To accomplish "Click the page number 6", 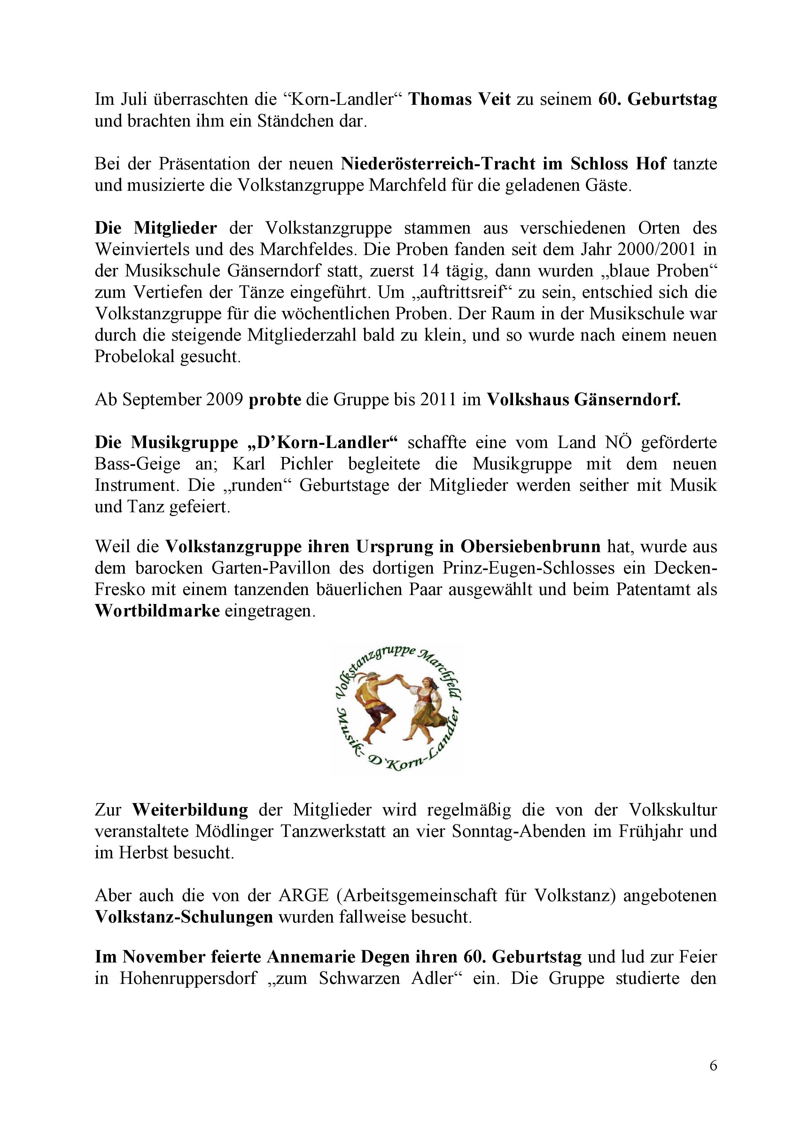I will point(713,1065).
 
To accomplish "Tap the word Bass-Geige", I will point(138,463).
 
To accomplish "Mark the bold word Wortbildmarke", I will point(157,611).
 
